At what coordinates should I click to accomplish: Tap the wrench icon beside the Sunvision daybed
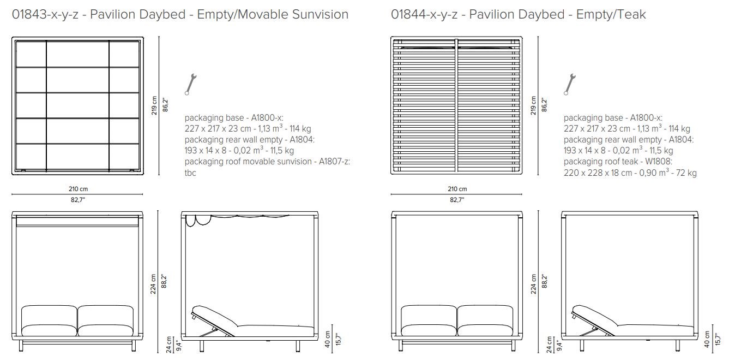190,84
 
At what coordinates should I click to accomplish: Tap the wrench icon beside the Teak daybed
569,84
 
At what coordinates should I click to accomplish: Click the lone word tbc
190,173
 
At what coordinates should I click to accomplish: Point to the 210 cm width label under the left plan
76,189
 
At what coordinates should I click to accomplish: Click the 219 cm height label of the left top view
154,105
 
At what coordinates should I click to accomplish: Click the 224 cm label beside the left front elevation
154,284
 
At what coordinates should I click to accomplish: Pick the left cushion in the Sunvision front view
49,321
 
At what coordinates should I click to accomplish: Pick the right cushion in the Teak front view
485,321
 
